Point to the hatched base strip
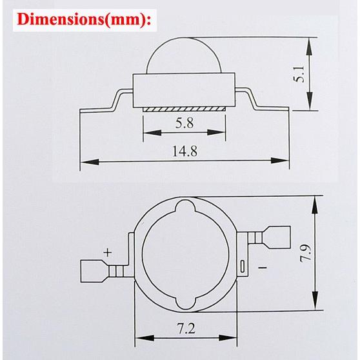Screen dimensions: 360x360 [183, 109]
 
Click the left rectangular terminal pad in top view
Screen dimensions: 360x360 [94, 270]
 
